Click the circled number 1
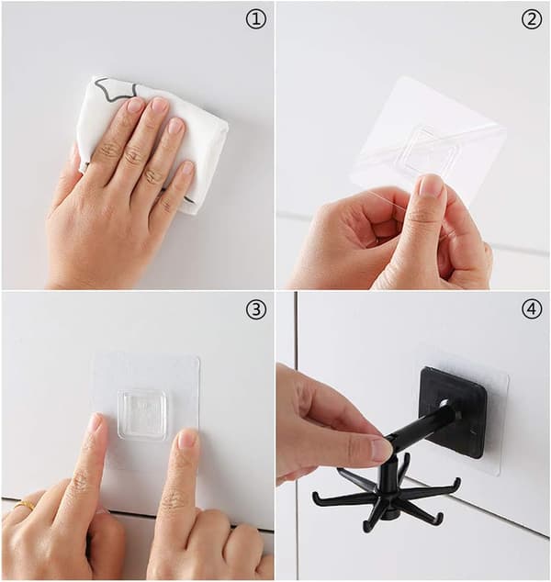256,19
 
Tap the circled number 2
532,19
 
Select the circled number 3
256,308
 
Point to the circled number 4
532,308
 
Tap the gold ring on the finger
25,505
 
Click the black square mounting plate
454,411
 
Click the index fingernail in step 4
381,450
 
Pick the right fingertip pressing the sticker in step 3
187,440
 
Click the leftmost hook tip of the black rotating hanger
316,498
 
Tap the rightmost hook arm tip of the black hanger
458,483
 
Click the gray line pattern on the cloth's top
116,91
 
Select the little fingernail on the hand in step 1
188,168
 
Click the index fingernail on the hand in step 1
134,105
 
